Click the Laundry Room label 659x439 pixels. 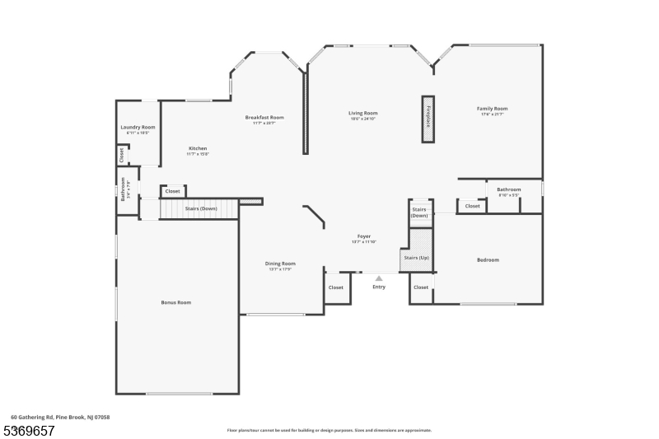(x=137, y=128)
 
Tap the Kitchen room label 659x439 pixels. (x=198, y=148)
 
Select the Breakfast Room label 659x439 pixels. (x=264, y=118)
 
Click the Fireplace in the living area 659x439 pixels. (x=428, y=119)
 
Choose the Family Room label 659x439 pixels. (x=493, y=109)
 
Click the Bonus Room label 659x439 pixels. (x=175, y=302)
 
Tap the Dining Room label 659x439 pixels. (x=280, y=264)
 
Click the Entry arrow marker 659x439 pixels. (x=379, y=278)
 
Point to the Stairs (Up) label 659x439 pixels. (x=416, y=258)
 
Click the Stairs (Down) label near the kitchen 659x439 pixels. (x=200, y=208)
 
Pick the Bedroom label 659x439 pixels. (x=488, y=259)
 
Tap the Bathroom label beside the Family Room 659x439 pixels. (x=508, y=190)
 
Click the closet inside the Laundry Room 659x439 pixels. (x=121, y=153)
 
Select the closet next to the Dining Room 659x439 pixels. (x=336, y=287)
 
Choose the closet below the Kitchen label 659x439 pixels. (x=172, y=191)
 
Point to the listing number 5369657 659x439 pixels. (x=31, y=430)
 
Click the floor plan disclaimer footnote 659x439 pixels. (x=329, y=430)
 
